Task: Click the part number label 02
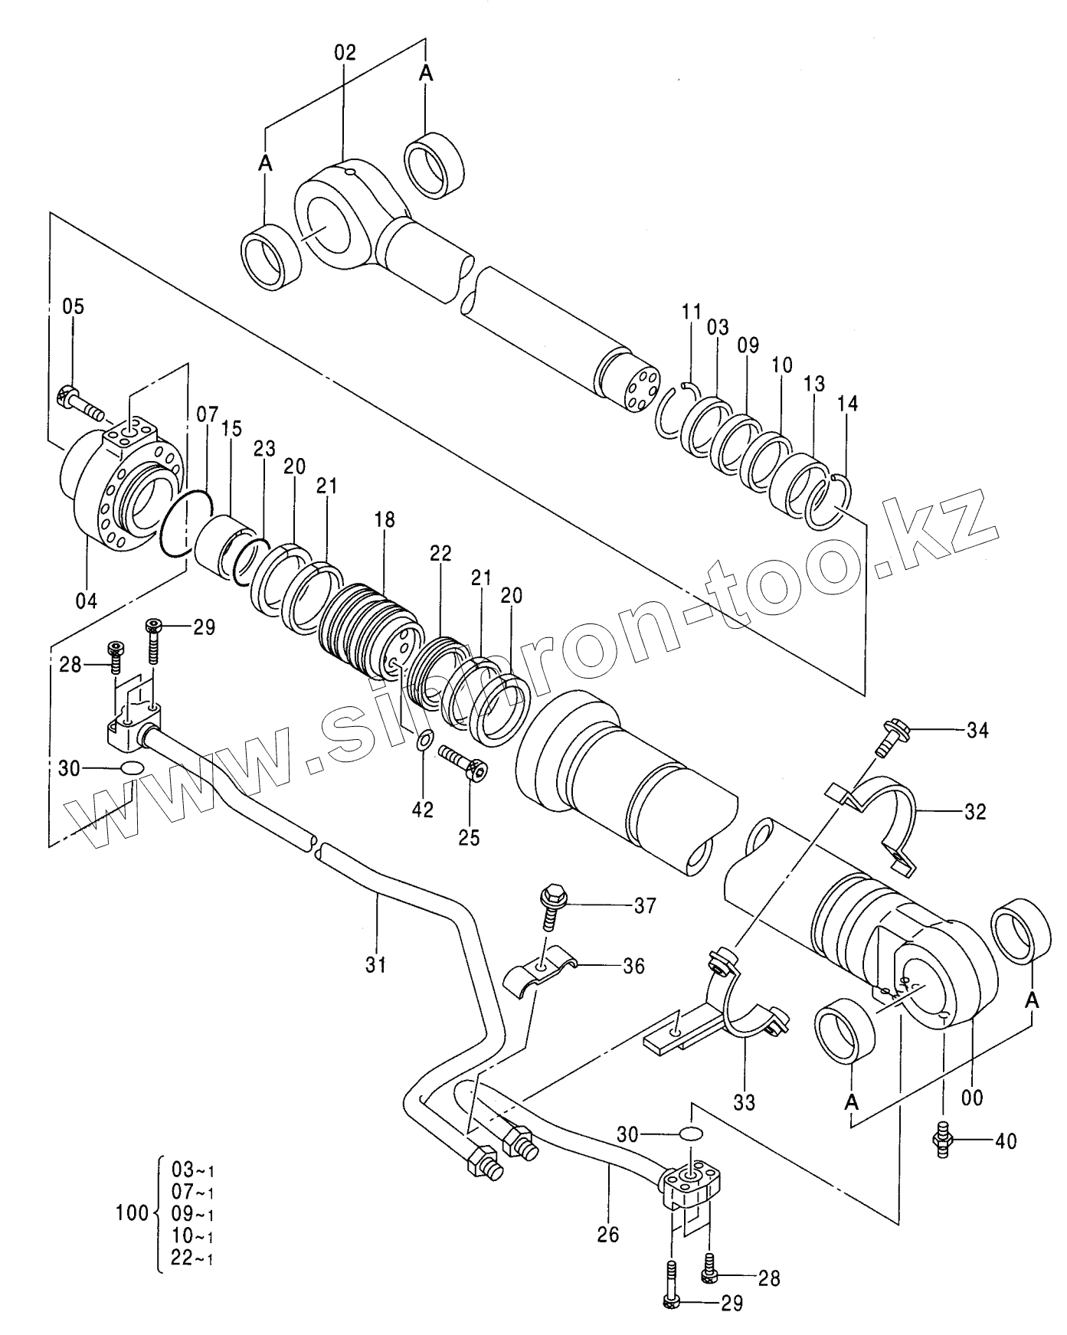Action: pyautogui.click(x=345, y=53)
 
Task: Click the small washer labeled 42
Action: pyautogui.click(x=424, y=741)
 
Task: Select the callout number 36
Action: pyautogui.click(x=633, y=966)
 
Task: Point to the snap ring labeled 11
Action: pyautogui.click(x=679, y=411)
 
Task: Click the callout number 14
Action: pyautogui.click(x=848, y=403)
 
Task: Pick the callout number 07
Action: pyautogui.click(x=207, y=415)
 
